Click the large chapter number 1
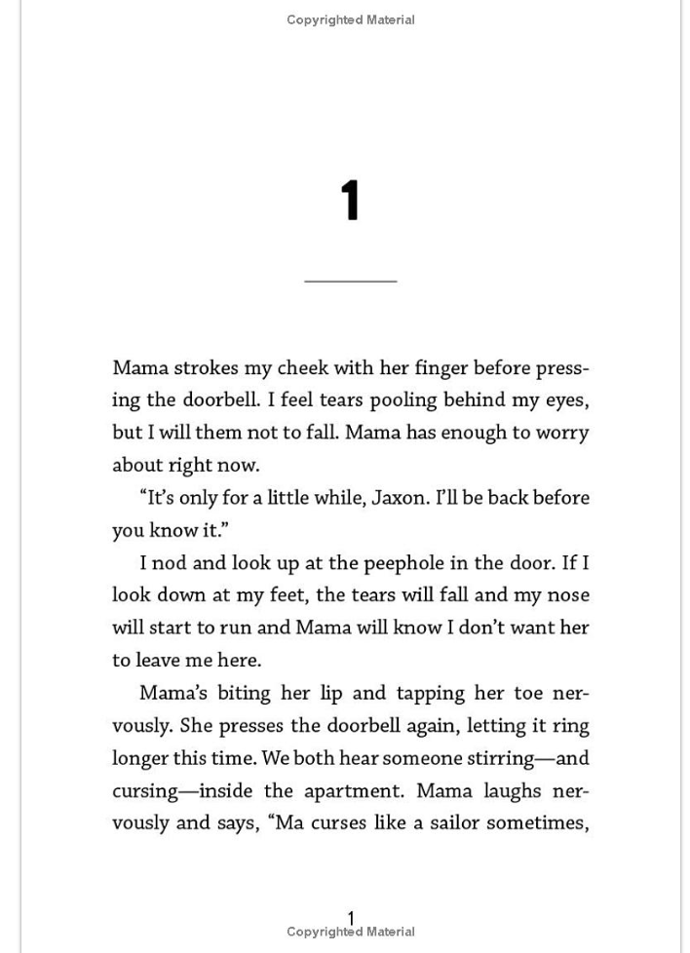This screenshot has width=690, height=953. click(351, 201)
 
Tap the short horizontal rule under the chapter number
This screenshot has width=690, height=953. click(351, 281)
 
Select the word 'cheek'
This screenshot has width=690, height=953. click(302, 368)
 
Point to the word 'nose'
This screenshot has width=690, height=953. click(567, 595)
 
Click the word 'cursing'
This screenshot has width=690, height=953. click(145, 790)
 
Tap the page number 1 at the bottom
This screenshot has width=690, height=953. click(351, 917)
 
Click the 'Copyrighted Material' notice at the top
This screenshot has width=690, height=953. click(351, 19)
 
